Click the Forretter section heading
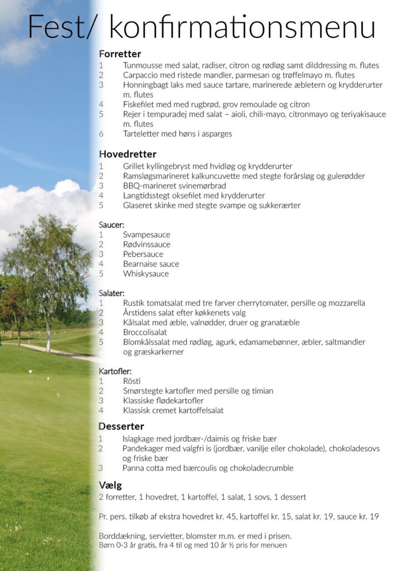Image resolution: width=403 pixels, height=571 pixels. [120, 54]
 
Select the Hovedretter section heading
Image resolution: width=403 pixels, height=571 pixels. [127, 154]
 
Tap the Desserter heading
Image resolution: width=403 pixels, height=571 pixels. [121, 427]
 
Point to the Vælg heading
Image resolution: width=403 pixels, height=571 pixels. [110, 485]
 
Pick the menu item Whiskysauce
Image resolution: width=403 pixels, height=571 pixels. [146, 274]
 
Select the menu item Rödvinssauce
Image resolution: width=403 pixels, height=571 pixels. [147, 244]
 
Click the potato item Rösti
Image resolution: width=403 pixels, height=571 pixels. [132, 381]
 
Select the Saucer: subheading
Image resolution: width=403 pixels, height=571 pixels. [111, 225]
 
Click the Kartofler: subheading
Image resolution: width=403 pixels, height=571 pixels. [115, 371]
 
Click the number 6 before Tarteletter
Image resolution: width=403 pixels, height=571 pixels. [101, 134]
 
